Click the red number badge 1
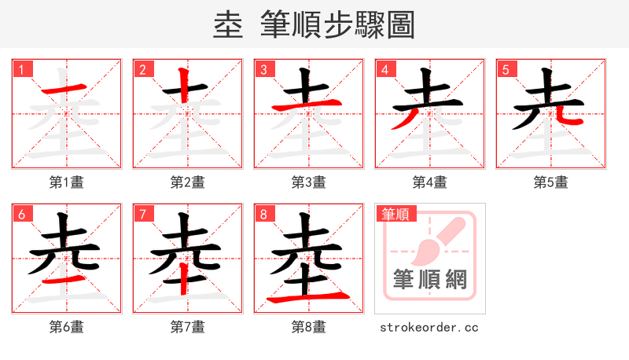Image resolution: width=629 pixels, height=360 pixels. click(x=21, y=69)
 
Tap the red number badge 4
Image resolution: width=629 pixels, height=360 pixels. click(x=384, y=69)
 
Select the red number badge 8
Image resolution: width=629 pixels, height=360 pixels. click(x=263, y=213)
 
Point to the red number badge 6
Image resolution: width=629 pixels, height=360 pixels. click(x=21, y=213)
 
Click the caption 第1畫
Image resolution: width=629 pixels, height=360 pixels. click(x=66, y=182)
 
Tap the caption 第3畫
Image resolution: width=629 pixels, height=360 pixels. click(x=308, y=182)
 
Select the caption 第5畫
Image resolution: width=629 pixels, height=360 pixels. click(x=550, y=182)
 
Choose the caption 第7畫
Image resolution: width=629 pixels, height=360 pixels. click(x=187, y=326)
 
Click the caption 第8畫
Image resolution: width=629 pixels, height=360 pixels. click(x=308, y=326)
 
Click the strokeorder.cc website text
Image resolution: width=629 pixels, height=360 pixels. click(x=429, y=327)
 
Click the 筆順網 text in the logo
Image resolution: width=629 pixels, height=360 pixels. click(x=429, y=280)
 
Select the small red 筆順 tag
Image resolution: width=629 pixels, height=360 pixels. click(x=395, y=213)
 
